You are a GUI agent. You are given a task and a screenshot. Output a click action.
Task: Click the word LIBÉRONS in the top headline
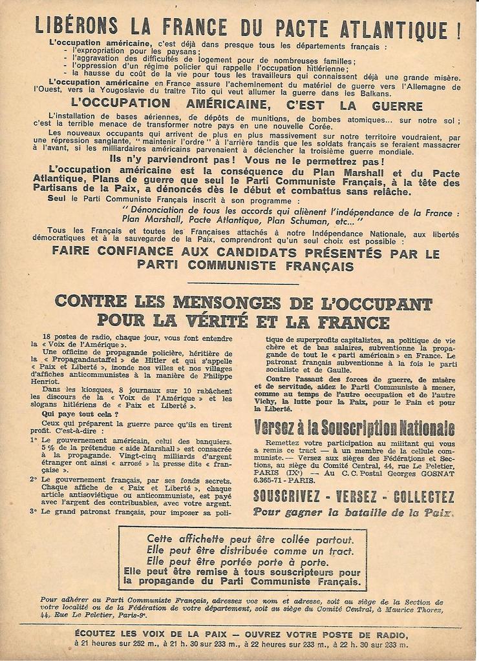pyautogui.click(x=77, y=26)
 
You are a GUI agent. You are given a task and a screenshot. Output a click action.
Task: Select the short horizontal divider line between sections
pyautogui.click(x=243, y=283)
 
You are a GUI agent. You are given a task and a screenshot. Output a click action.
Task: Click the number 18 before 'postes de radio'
pyautogui.click(x=47, y=338)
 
